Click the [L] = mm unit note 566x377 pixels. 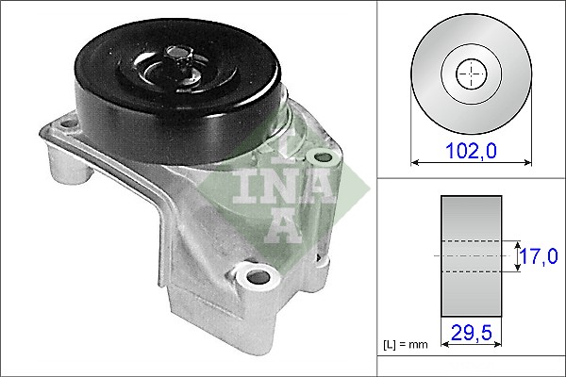click(406, 345)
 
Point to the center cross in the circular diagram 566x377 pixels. click(469, 74)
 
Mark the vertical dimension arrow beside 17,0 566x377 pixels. click(519, 255)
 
